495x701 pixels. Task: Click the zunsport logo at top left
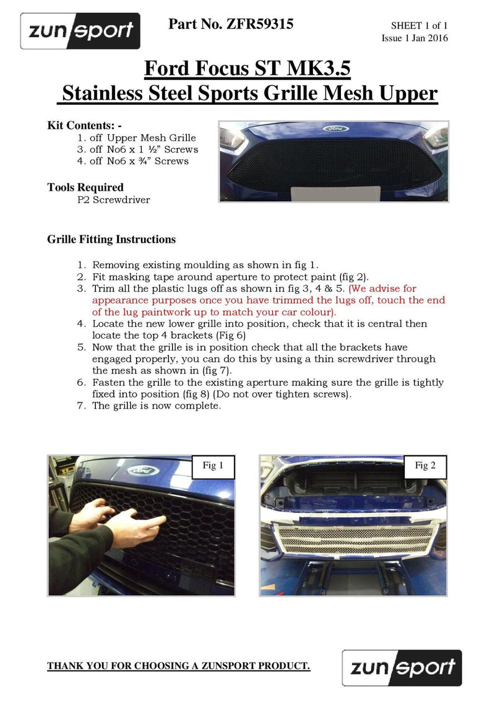[x=80, y=31]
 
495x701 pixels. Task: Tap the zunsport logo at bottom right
[x=402, y=668]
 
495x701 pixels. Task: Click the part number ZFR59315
[x=231, y=24]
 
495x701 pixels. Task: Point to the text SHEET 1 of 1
[x=419, y=25]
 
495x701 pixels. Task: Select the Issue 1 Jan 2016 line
[x=415, y=38]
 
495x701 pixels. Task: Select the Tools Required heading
[x=85, y=187]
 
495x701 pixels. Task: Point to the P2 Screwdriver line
[x=113, y=200]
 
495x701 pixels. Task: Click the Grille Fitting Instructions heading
[x=111, y=239]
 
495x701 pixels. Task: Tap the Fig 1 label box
[x=213, y=466]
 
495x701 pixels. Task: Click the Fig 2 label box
[x=425, y=466]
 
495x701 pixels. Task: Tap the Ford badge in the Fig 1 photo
[x=143, y=471]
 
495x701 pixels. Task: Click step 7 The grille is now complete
[x=156, y=406]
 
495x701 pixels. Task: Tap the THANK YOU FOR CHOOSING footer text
[x=179, y=666]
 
